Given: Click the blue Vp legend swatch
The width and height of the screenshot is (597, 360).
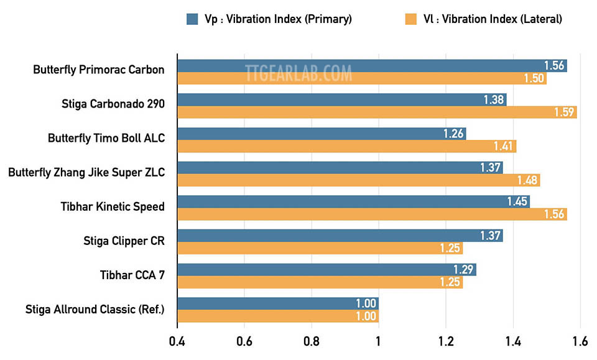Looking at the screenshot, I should [x=193, y=19].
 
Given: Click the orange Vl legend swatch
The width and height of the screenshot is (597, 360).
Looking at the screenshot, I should [x=411, y=19].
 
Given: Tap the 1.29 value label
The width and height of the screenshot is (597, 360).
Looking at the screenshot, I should [x=463, y=270].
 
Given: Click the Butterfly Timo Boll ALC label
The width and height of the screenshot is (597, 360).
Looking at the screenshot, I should [x=106, y=138].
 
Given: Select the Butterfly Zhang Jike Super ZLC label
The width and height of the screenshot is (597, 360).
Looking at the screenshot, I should [x=86, y=172].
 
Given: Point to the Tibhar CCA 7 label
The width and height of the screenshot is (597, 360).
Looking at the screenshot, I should [x=132, y=274].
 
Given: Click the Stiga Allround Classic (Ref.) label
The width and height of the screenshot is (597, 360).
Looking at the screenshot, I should [x=95, y=308].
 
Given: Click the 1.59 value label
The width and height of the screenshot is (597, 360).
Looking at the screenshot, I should [x=565, y=112].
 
